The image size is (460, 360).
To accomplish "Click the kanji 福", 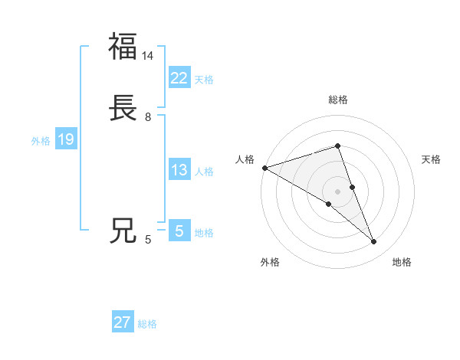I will coord(123,46).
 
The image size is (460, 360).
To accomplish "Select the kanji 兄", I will coord(123,231).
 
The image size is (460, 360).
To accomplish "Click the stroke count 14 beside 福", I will coord(148,56).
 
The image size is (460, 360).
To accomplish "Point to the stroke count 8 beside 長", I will coord(148,117).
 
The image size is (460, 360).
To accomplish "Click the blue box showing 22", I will coord(179,77).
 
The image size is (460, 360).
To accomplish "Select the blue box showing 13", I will coord(179,170).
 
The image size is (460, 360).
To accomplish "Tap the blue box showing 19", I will coord(65,139).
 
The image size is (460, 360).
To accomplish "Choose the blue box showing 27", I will coord(123,322).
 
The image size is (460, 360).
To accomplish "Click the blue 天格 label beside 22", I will coord(204,80).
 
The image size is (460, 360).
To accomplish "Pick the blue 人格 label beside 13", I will coord(204,172).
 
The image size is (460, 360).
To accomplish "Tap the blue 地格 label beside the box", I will coord(204,233).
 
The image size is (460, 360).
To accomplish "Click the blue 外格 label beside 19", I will coord(41,141).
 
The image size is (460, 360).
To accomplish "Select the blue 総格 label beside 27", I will coord(147,324).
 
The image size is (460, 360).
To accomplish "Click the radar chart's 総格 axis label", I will coord(337,100).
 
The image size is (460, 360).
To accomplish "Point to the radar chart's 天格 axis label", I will coord(431,159).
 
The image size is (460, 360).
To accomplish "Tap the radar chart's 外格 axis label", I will coord(270,262).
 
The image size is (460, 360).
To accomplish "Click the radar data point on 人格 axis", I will coord(264,168).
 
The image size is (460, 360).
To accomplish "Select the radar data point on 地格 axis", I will coord(374,242).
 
